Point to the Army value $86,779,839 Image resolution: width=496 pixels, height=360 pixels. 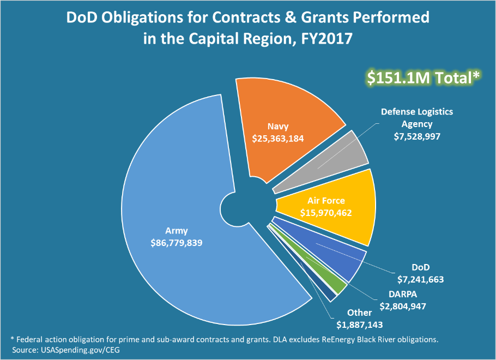(177, 243)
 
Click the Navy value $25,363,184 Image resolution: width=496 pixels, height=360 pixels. (278, 139)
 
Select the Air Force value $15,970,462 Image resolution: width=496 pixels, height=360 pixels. (326, 213)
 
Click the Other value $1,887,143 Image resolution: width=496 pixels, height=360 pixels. (359, 325)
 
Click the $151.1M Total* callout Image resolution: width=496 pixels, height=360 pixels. (423, 78)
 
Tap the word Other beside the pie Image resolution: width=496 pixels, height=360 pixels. (359, 313)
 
